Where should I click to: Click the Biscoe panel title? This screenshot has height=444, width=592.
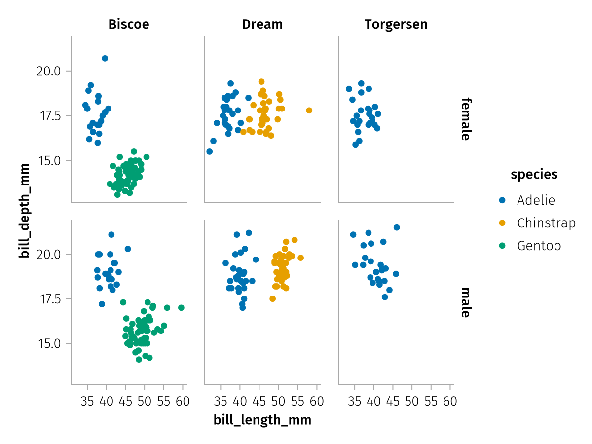pos(129,24)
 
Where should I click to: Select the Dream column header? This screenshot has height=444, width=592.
pos(262,24)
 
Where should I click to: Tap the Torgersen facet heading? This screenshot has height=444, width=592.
pos(396,24)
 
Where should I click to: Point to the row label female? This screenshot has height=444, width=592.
pos(465,119)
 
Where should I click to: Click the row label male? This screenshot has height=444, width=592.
pos(465,302)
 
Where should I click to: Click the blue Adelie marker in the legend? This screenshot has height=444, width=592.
pos(503,200)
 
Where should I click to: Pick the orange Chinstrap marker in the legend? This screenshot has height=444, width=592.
pos(503,223)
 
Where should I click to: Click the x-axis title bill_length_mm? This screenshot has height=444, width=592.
pos(262,420)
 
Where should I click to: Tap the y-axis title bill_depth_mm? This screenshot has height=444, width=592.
pos(24,211)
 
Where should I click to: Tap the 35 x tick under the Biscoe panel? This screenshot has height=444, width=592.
pos(88,401)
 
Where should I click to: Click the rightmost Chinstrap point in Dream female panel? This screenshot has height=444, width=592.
pos(309,111)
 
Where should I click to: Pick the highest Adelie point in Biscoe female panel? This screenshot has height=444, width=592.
pos(105,58)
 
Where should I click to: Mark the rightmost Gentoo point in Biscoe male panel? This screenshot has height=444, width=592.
pos(181,308)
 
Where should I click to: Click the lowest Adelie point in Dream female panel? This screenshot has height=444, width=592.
pos(209,151)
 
